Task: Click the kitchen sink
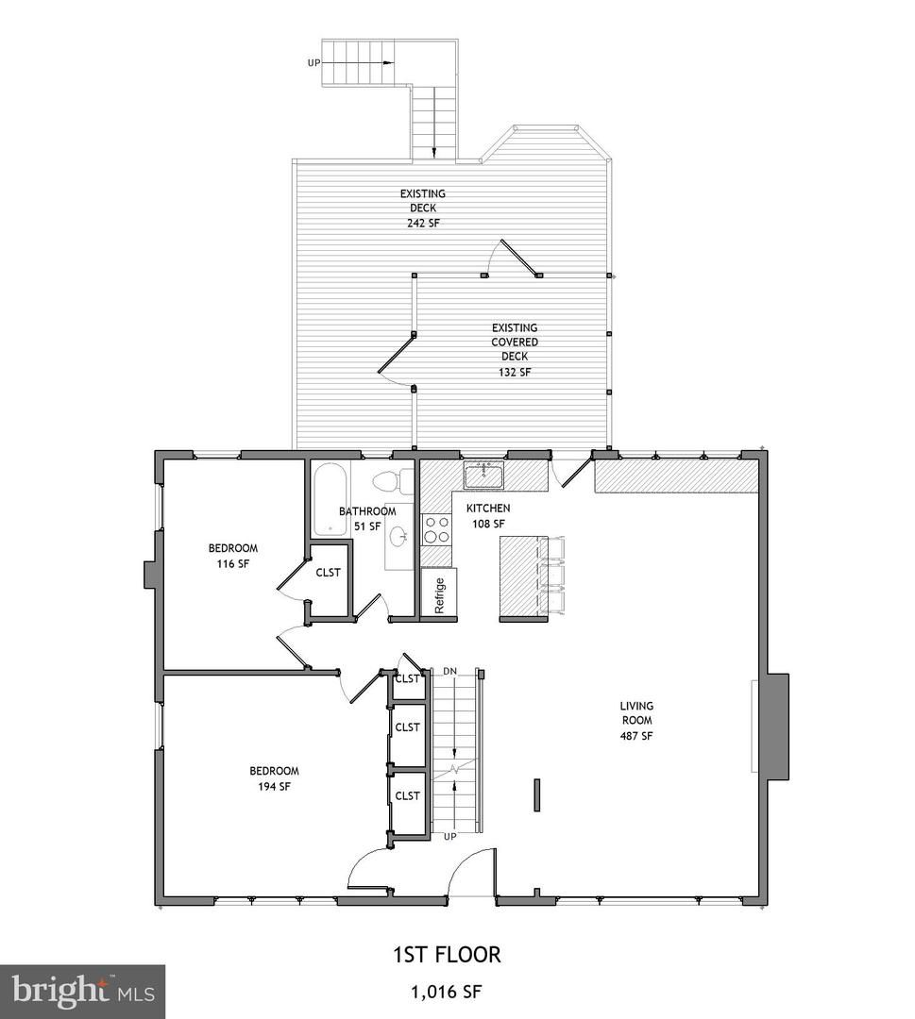483,475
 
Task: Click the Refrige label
439,595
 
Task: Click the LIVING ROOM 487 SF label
636,721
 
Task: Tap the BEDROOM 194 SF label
274,777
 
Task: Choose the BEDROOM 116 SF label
232,556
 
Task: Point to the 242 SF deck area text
422,224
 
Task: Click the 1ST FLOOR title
447,954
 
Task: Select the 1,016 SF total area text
447,992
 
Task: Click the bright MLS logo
82,991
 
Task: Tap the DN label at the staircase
449,671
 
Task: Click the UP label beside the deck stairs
313,62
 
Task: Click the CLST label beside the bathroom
328,572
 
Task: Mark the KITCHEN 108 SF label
487,515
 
